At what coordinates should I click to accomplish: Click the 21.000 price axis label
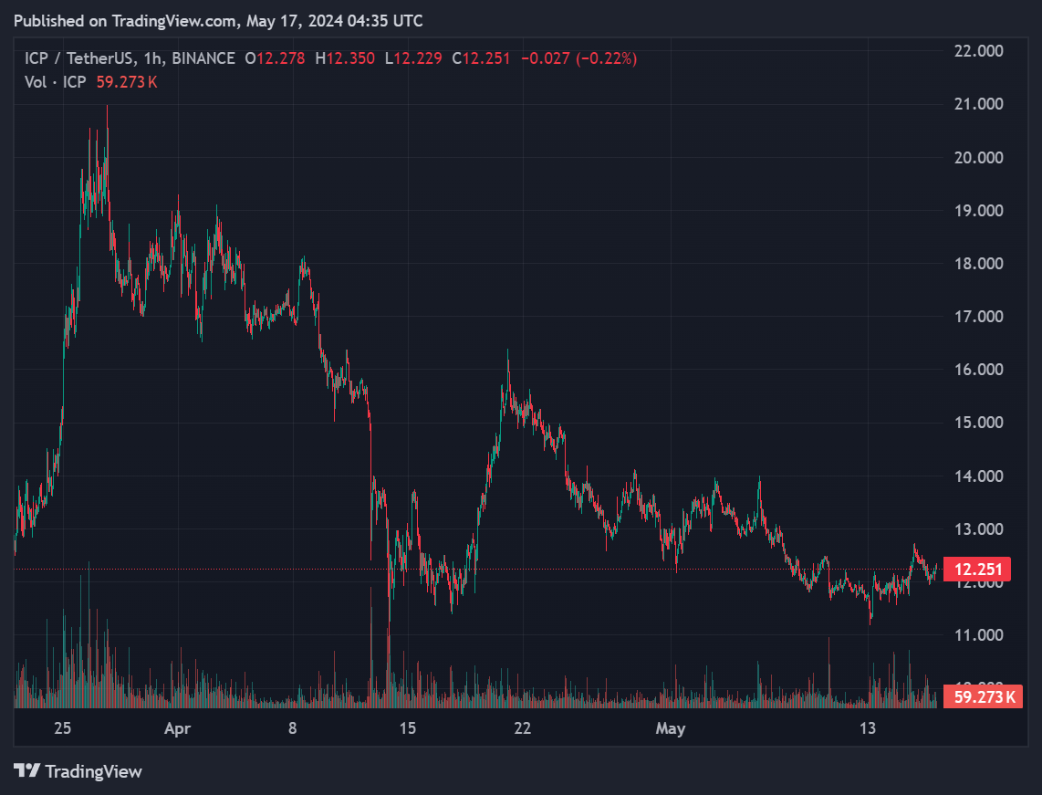[x=979, y=104]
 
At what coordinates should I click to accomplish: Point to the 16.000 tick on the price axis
[x=979, y=370]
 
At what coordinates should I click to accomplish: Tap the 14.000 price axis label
[x=979, y=476]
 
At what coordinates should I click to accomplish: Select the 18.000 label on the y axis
[x=979, y=263]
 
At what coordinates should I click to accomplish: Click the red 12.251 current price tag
[x=977, y=569]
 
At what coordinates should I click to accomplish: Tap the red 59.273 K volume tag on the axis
[x=983, y=696]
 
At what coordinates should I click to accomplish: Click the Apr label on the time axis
[x=177, y=728]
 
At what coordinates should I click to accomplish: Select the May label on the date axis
[x=671, y=728]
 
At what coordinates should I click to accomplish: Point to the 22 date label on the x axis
[x=523, y=727]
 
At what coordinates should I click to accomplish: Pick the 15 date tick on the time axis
[x=407, y=727]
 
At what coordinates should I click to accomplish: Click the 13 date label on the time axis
[x=867, y=727]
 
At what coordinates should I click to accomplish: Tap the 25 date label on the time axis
[x=62, y=727]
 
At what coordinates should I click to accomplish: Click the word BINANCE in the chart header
[x=203, y=58]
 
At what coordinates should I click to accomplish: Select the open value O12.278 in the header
[x=276, y=58]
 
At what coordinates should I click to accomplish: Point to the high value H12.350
[x=345, y=58]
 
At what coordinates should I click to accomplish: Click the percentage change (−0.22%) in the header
[x=606, y=58]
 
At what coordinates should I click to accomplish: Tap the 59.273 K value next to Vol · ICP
[x=127, y=82]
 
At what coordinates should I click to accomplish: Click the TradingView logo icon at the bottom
[x=27, y=770]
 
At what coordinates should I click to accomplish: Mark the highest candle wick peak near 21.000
[x=107, y=106]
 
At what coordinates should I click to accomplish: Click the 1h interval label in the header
[x=153, y=58]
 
